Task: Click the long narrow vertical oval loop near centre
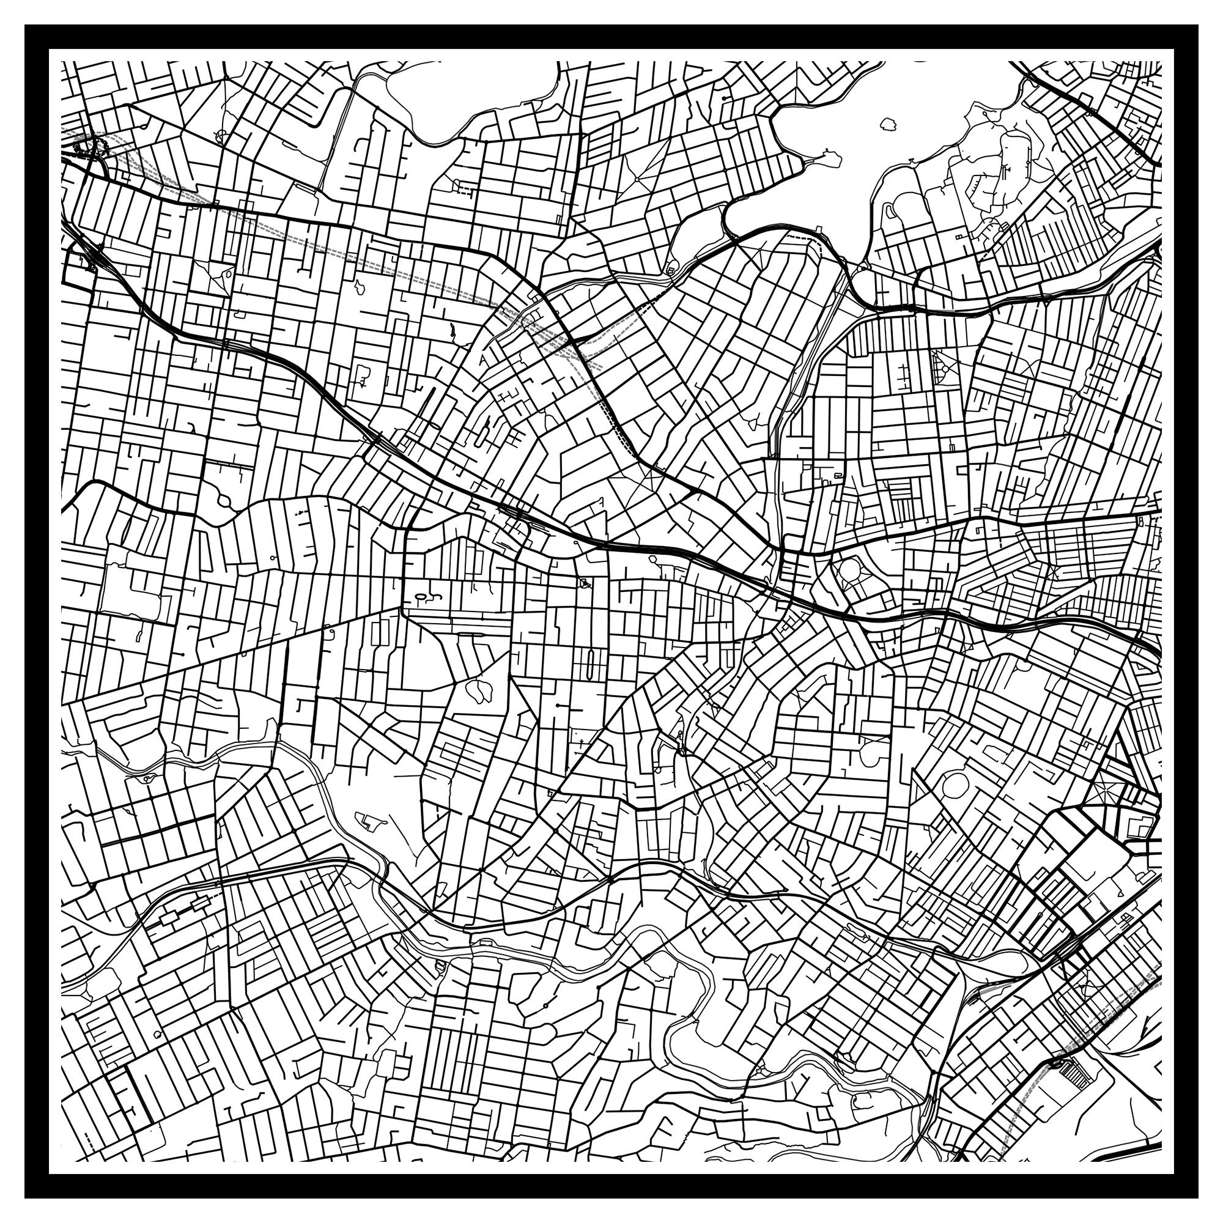(590, 664)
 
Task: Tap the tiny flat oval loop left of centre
(420, 596)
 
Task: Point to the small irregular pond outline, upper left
(360, 287)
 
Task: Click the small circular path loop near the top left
(221, 135)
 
